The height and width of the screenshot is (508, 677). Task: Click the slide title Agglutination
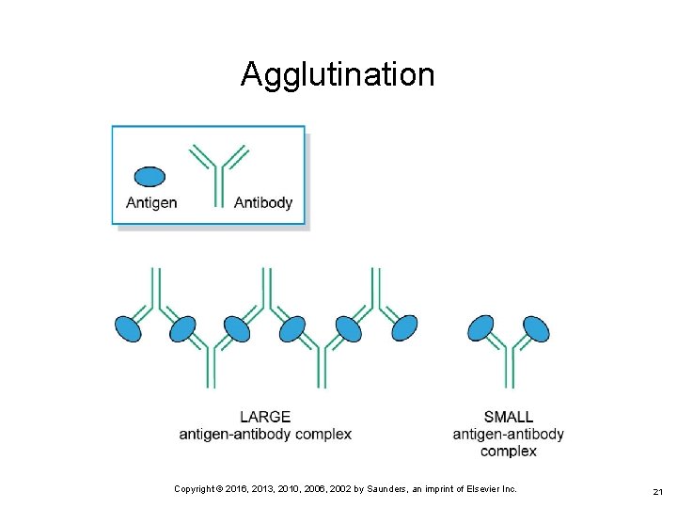pyautogui.click(x=338, y=73)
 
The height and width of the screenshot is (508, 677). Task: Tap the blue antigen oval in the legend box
pyautogui.click(x=150, y=176)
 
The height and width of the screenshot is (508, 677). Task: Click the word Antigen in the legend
pyautogui.click(x=151, y=202)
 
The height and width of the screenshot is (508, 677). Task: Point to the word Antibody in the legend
pyautogui.click(x=263, y=202)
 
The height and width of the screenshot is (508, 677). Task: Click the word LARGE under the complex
pyautogui.click(x=265, y=417)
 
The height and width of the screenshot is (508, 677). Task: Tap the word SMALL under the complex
pyautogui.click(x=509, y=417)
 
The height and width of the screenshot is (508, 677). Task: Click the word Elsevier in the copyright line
pyautogui.click(x=480, y=489)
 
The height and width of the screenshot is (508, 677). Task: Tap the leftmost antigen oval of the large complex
pyautogui.click(x=128, y=327)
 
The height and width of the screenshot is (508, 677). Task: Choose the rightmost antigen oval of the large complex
pyautogui.click(x=404, y=327)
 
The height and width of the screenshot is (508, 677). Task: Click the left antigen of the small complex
pyautogui.click(x=480, y=327)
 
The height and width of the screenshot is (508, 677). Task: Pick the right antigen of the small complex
pyautogui.click(x=536, y=328)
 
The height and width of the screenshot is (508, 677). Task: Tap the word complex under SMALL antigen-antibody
pyautogui.click(x=509, y=451)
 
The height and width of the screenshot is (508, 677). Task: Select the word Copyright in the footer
pyautogui.click(x=197, y=489)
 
